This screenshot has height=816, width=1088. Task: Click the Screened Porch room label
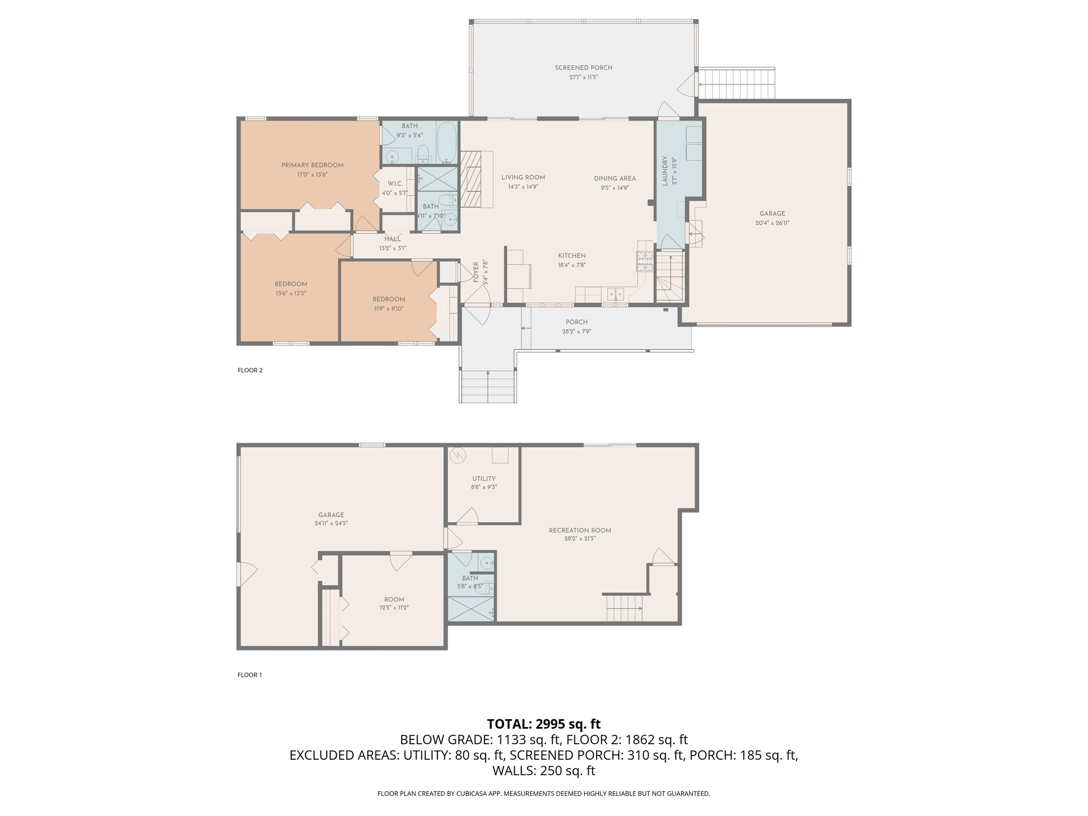[x=583, y=68]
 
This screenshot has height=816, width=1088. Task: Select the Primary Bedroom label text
[x=312, y=165]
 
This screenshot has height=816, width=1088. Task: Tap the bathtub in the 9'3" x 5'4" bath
[x=447, y=142]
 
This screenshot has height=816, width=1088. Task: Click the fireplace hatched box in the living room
[x=471, y=178]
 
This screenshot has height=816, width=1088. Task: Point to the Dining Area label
[x=615, y=178]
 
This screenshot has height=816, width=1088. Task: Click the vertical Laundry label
[x=664, y=171]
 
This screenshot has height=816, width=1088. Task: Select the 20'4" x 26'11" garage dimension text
[x=772, y=223]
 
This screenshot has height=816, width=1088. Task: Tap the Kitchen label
[x=572, y=256]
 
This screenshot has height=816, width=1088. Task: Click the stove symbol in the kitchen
[x=645, y=261]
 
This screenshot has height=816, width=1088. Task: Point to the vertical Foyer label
[x=476, y=271]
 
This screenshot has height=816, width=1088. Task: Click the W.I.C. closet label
[x=395, y=184]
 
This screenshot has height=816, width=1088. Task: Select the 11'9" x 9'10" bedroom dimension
[x=389, y=308]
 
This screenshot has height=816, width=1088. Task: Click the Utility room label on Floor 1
[x=483, y=479]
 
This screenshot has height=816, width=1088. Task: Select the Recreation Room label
[x=580, y=530]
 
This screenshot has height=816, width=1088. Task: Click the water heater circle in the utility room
[x=457, y=455]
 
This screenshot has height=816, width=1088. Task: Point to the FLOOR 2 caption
[x=250, y=370]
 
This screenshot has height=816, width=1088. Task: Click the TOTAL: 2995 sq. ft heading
[x=543, y=724]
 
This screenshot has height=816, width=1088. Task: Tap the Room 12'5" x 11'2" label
[x=394, y=599]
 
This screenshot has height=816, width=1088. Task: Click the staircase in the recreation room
[x=625, y=607]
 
